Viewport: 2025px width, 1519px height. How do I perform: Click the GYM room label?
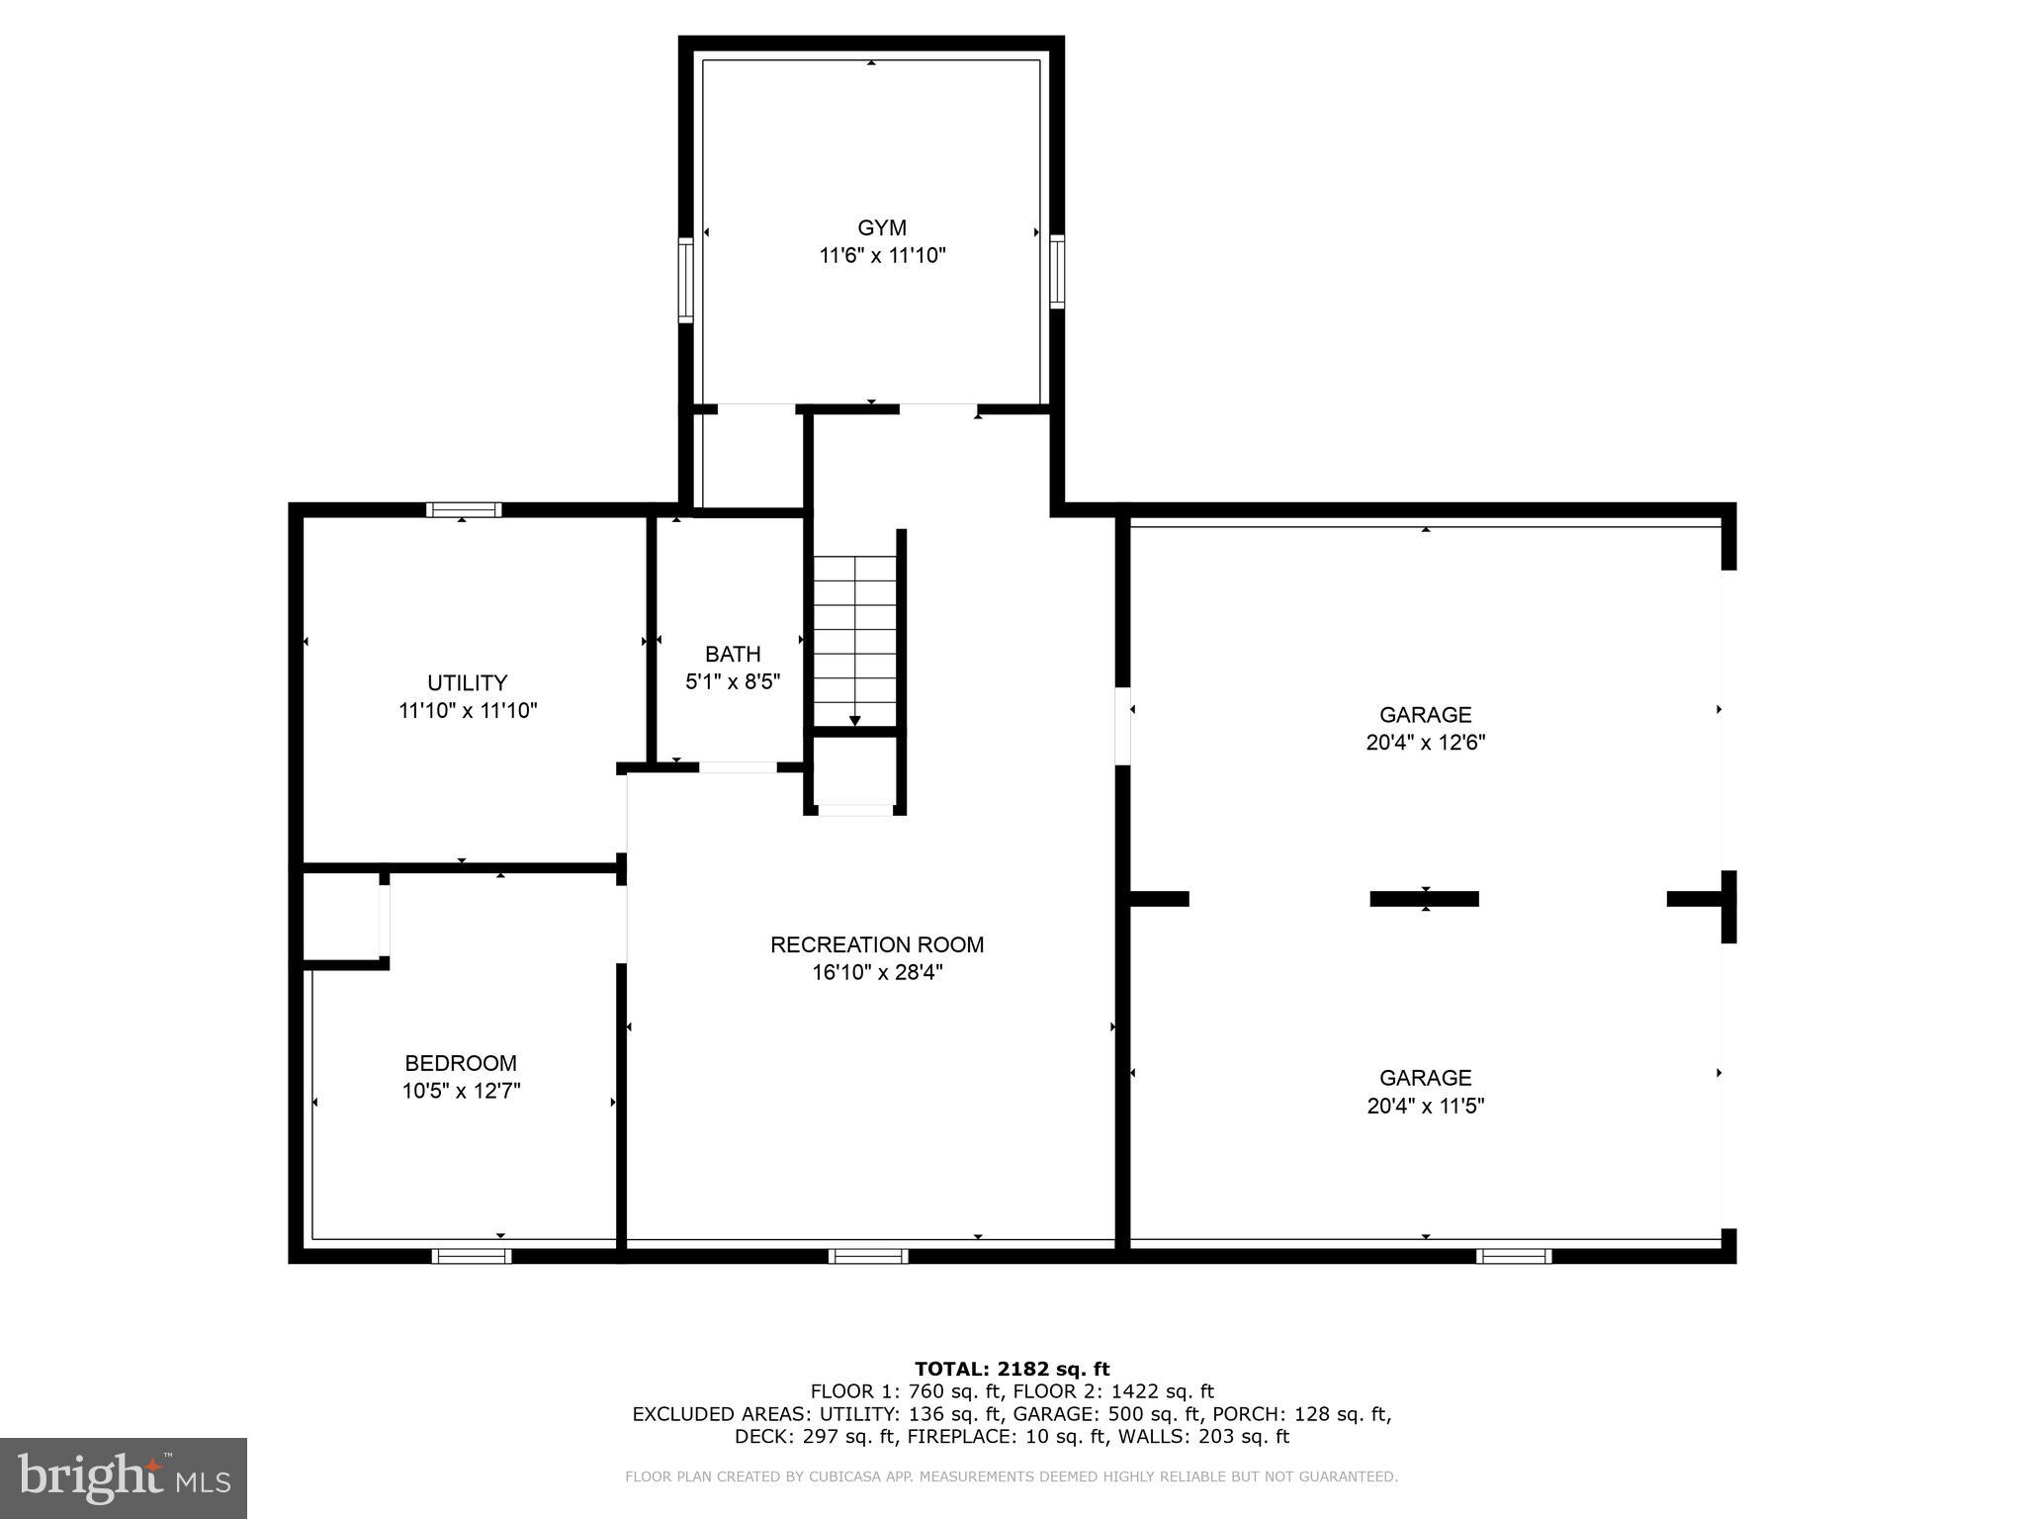881,228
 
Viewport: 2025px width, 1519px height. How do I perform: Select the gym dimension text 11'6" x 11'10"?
882,256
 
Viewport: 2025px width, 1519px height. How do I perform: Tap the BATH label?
733,654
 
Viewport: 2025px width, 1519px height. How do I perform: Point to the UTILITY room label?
467,682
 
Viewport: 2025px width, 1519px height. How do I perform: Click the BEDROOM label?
461,1063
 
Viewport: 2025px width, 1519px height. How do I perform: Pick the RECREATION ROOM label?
877,944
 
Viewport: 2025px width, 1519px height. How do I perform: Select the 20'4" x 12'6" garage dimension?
1425,743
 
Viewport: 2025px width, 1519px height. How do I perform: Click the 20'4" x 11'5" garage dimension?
1425,1106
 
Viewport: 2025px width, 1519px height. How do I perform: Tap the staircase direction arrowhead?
855,721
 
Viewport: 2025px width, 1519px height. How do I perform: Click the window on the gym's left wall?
685,279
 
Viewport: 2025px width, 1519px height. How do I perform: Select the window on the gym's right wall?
1056,272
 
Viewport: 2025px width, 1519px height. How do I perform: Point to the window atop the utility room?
464,510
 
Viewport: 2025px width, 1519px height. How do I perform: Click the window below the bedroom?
472,1256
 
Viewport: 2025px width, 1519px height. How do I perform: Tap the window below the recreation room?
867,1256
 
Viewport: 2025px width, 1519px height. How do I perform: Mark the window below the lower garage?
1513,1256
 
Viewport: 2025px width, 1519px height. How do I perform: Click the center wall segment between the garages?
1424,899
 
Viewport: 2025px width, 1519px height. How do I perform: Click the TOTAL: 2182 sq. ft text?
1012,1370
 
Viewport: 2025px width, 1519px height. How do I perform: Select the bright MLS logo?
124,1477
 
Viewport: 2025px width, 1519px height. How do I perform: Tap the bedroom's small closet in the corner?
340,915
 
